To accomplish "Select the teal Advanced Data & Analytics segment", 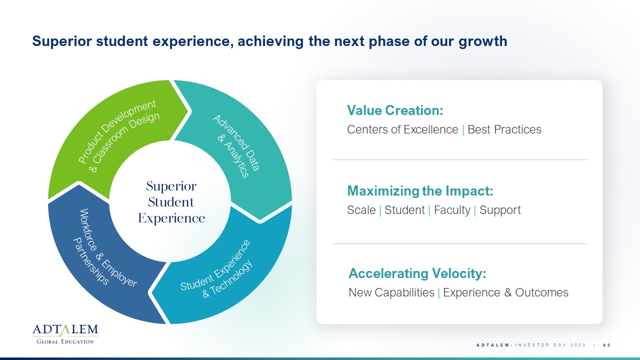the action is [x=243, y=143].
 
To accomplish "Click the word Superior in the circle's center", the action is [x=171, y=186].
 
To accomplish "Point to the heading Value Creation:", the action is [x=395, y=110].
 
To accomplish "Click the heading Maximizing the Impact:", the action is [x=420, y=191].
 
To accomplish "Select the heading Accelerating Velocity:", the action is [x=417, y=273].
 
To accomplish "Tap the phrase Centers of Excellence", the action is [x=402, y=129].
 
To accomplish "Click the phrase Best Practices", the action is [x=504, y=129].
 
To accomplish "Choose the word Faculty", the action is [x=452, y=210].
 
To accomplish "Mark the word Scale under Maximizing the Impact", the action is [x=361, y=210].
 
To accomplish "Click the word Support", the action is [x=500, y=210].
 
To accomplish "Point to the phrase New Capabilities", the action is [x=391, y=292].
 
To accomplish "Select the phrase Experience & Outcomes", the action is [x=505, y=292].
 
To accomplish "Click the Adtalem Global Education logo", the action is [x=65, y=333].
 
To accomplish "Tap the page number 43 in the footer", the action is [x=606, y=345].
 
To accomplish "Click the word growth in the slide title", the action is [x=483, y=41].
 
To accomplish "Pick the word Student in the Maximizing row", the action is [x=404, y=210].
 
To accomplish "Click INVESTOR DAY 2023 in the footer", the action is [x=550, y=345].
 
